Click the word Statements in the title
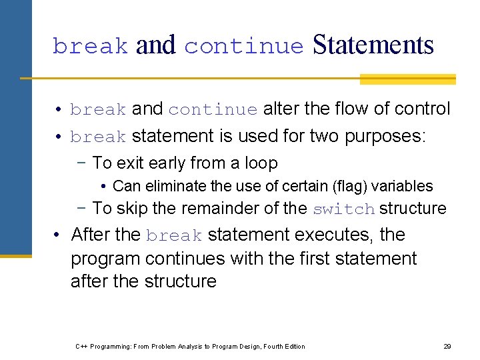coord(373,45)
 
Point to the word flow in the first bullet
coord(357,109)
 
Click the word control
coord(421,109)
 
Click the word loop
coord(263,163)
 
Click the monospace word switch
coord(343,209)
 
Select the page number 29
coord(447,346)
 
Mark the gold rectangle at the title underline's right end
coord(407,79)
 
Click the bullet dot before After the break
coord(59,235)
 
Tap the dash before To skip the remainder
coord(83,208)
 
